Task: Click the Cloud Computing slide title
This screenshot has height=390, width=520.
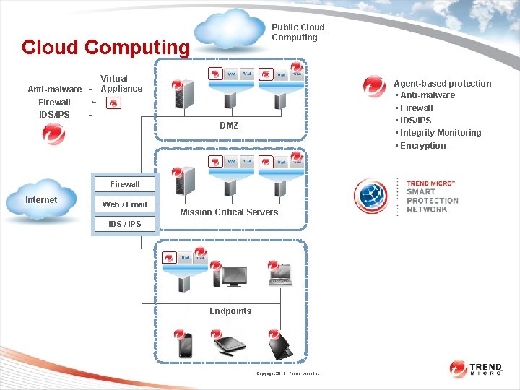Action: (105, 48)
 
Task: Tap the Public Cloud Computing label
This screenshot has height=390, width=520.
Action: (298, 32)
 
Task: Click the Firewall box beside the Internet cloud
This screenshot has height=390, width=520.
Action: (125, 184)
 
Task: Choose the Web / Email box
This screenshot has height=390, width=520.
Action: (125, 204)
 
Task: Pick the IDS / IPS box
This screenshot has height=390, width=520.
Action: (125, 224)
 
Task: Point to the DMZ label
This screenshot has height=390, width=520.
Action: (229, 126)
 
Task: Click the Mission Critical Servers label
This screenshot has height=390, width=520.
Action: (229, 212)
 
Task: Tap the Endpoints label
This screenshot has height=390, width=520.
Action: (230, 311)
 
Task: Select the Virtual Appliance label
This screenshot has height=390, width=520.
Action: (121, 84)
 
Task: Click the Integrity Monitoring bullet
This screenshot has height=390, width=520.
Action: (440, 133)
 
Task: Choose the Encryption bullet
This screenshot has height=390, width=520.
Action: (422, 146)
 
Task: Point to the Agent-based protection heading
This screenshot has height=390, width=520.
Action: (442, 84)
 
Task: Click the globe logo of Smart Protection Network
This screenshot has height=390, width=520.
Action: (371, 197)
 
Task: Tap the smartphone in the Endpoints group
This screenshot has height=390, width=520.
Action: (186, 346)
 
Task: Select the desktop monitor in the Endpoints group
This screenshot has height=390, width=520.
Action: (234, 275)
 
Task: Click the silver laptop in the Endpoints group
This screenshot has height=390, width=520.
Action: (280, 274)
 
